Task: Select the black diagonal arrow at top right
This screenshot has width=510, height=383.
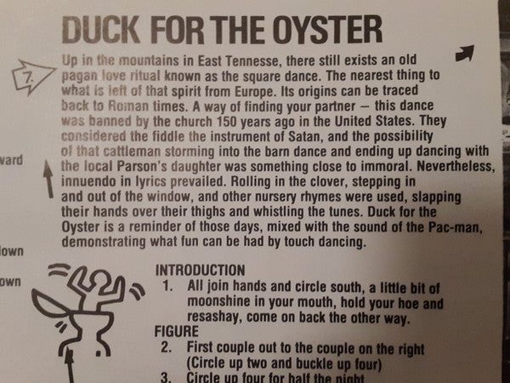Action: click(x=465, y=54)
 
